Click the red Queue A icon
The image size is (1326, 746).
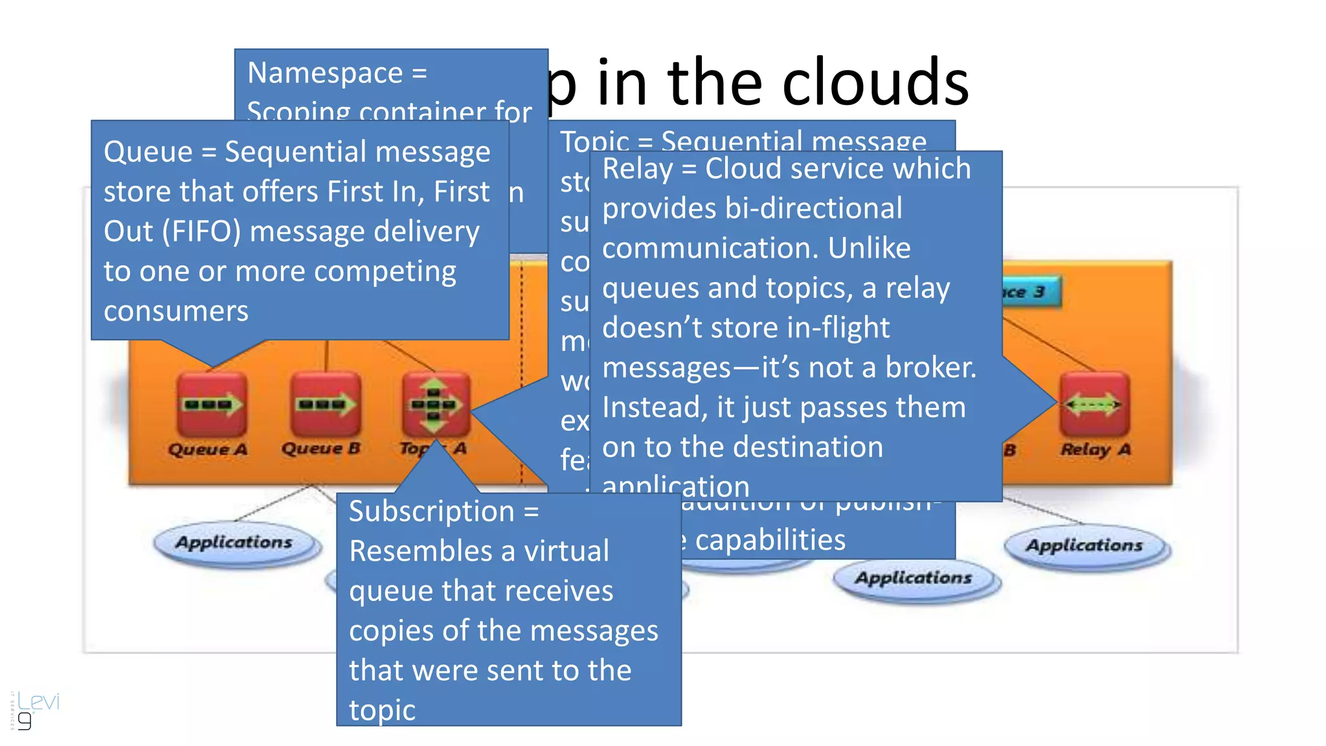tap(211, 405)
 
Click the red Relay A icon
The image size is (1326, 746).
tap(1094, 405)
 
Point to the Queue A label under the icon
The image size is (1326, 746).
tap(208, 449)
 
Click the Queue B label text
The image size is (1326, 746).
tap(321, 448)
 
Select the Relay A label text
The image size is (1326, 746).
tap(1096, 449)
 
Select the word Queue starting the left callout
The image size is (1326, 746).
tap(148, 153)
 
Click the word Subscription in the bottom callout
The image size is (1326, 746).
tap(431, 512)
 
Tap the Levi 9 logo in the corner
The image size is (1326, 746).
tap(36, 710)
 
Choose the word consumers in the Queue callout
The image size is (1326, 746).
tap(176, 311)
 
